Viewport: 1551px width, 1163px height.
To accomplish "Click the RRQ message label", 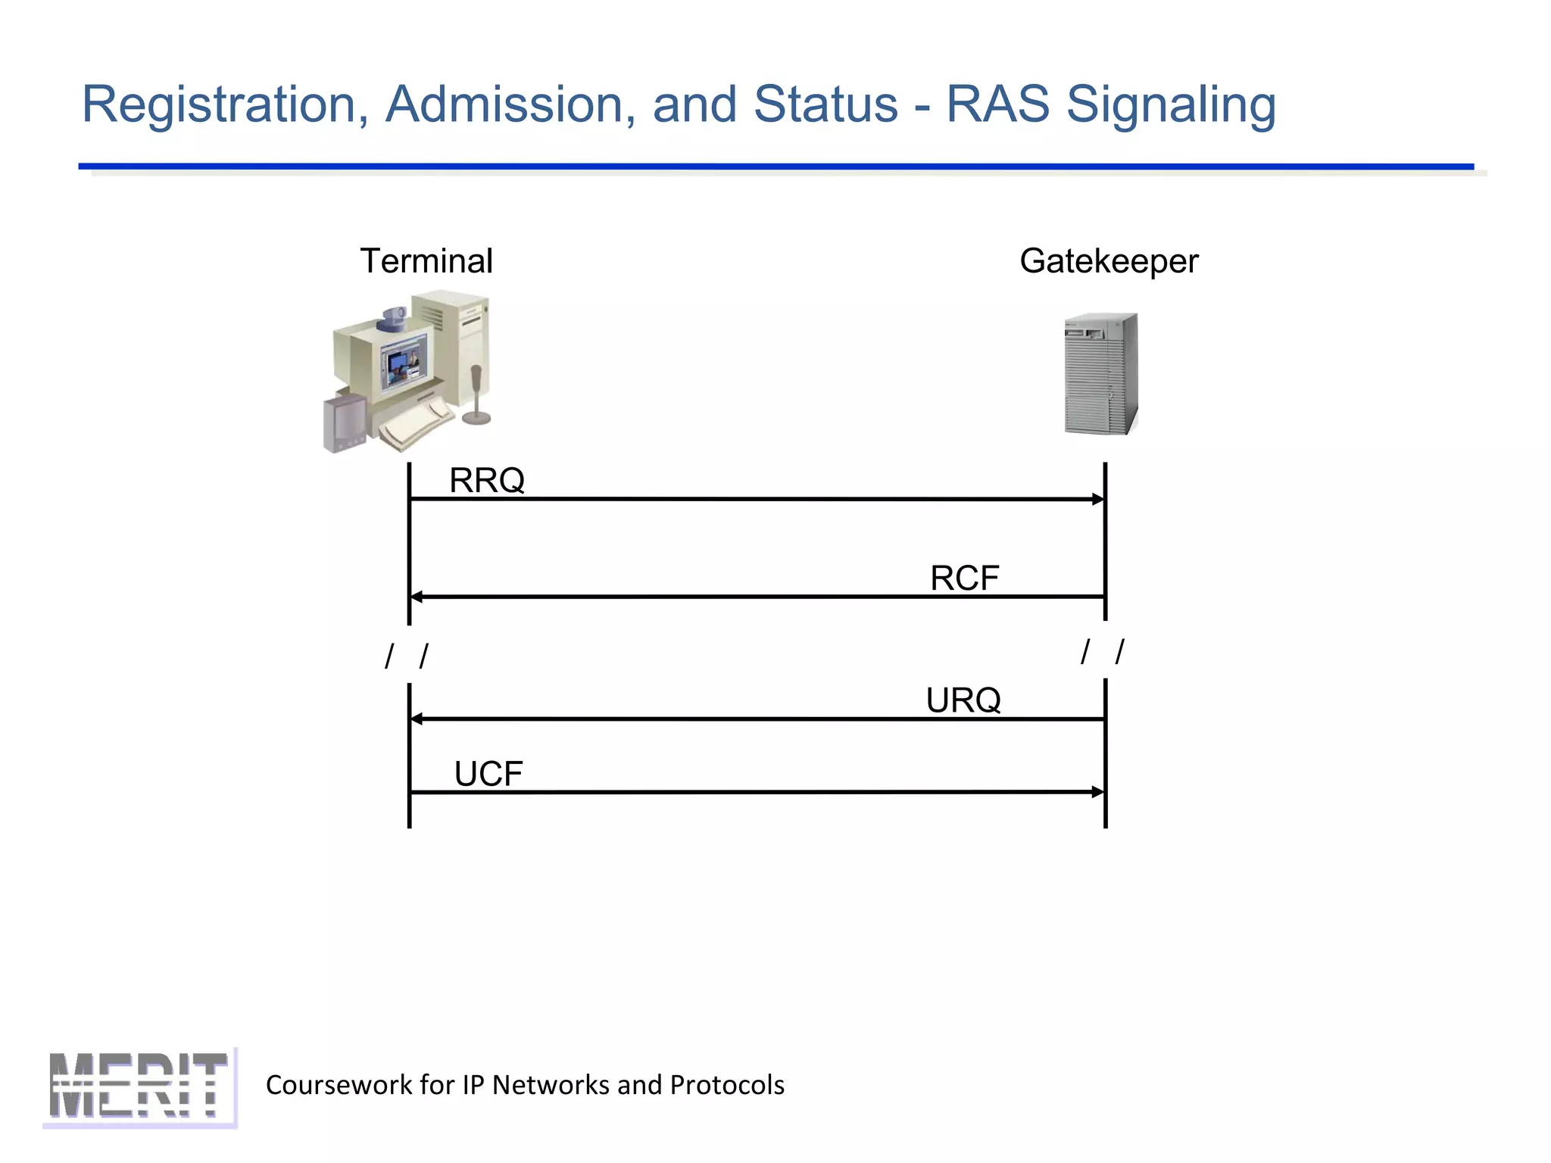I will [487, 480].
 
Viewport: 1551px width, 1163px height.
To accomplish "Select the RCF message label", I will [964, 578].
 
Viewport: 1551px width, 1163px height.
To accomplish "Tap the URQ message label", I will [963, 700].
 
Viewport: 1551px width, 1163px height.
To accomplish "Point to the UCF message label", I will [488, 774].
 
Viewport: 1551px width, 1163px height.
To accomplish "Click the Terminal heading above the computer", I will [426, 261].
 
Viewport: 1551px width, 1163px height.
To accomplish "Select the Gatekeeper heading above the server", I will [1109, 261].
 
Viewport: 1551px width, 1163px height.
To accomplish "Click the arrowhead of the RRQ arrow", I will [1099, 499].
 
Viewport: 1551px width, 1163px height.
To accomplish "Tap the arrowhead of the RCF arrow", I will [416, 597].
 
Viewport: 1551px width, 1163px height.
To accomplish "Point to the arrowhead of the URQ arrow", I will [416, 719].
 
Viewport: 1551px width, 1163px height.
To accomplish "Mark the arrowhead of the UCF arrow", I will [1099, 792].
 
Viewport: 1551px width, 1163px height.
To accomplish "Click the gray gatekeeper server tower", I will [1101, 374].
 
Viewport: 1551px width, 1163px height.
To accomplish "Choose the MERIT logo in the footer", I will [139, 1087].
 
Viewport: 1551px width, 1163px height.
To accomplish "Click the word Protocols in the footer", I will [727, 1085].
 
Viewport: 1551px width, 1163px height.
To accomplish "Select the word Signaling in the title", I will [1171, 104].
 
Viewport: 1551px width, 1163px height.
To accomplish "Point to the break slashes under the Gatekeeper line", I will [1103, 651].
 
